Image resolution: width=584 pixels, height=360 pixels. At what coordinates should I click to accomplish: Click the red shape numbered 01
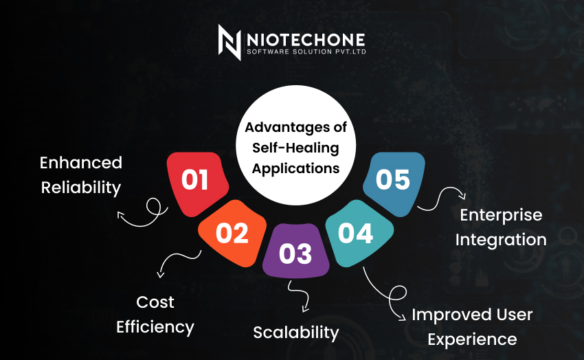point(196,183)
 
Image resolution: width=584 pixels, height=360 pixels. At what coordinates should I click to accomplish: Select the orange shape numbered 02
point(232,233)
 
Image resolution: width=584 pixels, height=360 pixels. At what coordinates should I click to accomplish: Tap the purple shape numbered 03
point(295,251)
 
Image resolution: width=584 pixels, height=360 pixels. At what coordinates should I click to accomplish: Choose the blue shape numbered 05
point(394,183)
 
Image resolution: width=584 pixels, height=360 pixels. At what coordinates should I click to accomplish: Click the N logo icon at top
point(229,43)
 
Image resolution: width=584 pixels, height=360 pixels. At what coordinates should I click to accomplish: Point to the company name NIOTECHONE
point(306,40)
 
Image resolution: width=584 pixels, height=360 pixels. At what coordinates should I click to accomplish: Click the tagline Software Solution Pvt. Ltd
point(306,52)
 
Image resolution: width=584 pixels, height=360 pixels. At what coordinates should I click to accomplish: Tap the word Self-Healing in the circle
point(295,148)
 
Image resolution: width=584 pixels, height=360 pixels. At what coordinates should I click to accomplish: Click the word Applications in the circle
point(295,168)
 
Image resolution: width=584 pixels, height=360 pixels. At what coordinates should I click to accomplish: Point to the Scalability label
point(296,333)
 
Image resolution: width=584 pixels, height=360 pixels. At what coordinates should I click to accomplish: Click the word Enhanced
point(81,163)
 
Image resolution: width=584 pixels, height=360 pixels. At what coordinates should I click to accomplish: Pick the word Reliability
point(81,188)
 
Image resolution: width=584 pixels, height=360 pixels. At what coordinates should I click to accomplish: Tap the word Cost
point(155,302)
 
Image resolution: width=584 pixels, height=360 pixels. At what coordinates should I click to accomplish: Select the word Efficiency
point(155,327)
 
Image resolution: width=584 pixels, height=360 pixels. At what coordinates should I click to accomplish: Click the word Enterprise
point(501,216)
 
